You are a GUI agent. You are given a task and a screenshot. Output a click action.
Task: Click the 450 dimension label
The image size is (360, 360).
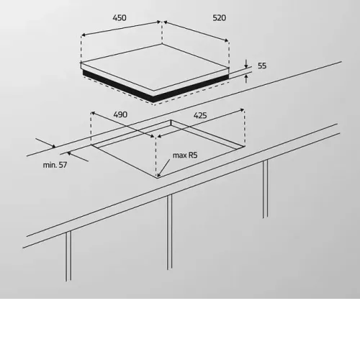pos(120,18)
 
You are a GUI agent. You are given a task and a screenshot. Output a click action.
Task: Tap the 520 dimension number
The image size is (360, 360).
pos(220,18)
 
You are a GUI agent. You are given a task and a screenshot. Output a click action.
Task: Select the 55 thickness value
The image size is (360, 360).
pos(262,66)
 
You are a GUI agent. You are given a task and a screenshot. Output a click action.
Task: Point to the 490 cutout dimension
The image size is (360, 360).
pos(120,114)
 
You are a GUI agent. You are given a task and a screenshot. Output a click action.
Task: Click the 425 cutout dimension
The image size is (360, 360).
pos(200,116)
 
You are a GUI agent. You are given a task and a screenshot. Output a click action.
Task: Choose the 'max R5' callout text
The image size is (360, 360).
pos(185,156)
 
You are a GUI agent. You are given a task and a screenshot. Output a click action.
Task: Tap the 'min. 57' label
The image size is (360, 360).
pos(55,165)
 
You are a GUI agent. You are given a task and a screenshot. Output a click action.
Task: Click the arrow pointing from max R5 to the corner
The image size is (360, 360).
pos(163,168)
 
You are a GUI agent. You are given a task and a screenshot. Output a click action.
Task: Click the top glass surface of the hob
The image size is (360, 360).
pos(155,67)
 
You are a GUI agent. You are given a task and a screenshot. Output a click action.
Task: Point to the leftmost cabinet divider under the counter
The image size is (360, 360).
pos(68,256)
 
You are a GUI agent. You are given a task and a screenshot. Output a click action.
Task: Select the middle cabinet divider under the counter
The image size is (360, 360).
pos(169,232)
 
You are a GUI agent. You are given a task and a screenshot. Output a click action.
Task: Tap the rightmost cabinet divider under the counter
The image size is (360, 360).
pos(265,189)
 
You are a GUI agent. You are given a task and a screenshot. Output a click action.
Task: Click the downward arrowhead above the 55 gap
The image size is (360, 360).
pos(246,66)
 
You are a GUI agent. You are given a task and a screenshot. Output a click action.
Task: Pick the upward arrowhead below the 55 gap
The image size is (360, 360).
pos(246,77)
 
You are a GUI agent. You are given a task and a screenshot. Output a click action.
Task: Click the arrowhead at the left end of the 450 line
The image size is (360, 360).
pos(84,35)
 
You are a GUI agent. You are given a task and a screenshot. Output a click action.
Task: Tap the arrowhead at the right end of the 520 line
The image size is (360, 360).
pos(226,40)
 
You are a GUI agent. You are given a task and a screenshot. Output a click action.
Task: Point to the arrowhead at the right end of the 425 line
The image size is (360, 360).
pos(242,110)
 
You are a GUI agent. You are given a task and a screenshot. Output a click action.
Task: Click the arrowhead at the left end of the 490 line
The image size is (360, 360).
pos(94,113)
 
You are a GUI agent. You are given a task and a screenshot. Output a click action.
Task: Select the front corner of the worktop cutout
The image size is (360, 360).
pos(157,178)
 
